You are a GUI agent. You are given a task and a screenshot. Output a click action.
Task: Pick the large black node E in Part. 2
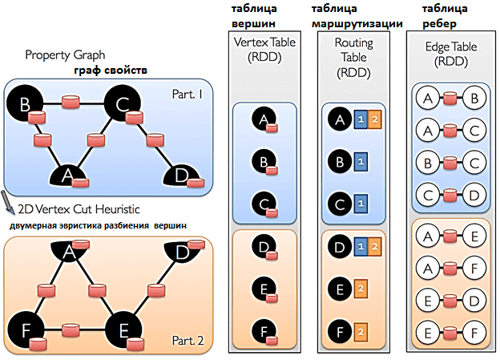[x=123, y=328]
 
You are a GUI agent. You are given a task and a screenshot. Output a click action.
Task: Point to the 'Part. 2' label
[x=187, y=340]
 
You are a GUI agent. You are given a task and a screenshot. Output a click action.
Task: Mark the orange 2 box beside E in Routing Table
[x=363, y=288]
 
